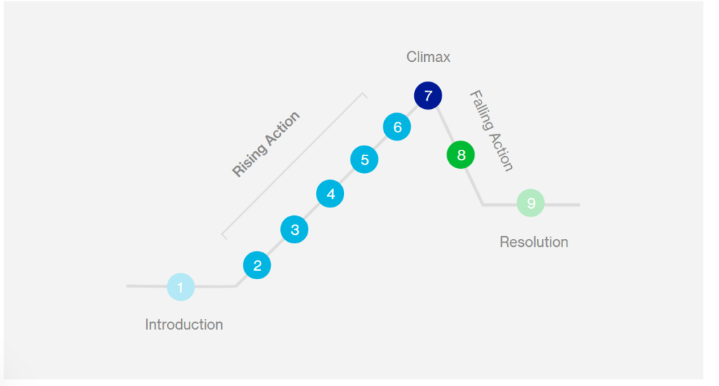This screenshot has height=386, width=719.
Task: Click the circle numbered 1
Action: [180, 287]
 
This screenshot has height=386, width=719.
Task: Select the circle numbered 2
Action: [257, 265]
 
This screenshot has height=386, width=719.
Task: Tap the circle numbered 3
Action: [294, 229]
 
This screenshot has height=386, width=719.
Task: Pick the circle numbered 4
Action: [330, 193]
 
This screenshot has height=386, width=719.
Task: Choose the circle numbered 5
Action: [364, 160]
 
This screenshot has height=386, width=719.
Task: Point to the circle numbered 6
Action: [397, 127]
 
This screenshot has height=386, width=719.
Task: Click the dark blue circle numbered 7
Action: [428, 96]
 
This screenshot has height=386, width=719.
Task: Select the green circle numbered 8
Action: [461, 155]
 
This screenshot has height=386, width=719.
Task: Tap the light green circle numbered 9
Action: [531, 204]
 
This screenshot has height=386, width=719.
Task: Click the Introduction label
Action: [184, 325]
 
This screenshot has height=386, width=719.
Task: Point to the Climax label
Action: [428, 57]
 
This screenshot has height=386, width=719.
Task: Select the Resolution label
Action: [534, 242]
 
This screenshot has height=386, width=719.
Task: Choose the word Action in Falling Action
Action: [502, 150]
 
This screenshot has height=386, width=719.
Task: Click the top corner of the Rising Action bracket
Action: [364, 94]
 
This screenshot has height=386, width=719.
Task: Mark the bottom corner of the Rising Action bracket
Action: [223, 235]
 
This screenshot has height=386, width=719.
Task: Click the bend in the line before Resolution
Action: [483, 205]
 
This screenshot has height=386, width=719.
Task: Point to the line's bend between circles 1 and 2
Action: [236, 286]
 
